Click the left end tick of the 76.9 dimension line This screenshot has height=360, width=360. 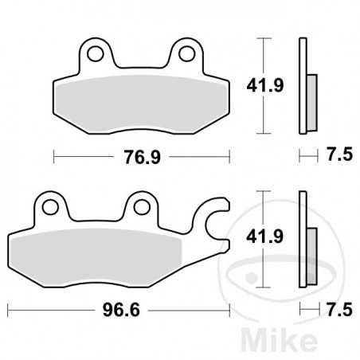click(54, 156)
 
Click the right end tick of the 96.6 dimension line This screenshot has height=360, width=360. click(230, 306)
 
